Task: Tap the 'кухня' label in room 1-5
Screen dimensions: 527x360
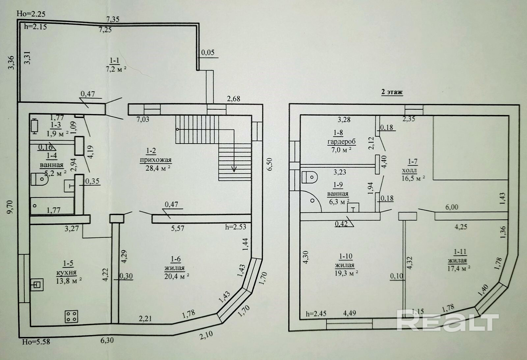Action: click(x=66, y=273)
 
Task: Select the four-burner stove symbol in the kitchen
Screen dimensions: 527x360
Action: click(x=71, y=317)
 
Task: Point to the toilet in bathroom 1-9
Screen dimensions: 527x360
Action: click(x=309, y=178)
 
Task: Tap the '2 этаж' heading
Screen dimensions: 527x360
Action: click(x=392, y=92)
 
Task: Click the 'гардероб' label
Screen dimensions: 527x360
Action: click(x=341, y=142)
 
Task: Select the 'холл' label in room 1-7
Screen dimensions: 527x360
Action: click(x=409, y=171)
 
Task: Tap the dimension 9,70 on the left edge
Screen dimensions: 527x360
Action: click(x=11, y=208)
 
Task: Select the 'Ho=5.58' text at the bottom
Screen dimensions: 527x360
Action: click(x=36, y=342)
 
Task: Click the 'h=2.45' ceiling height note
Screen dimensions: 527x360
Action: click(x=316, y=314)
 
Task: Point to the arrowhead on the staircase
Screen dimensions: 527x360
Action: click(x=234, y=170)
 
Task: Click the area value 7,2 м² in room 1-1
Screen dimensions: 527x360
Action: click(x=116, y=69)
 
